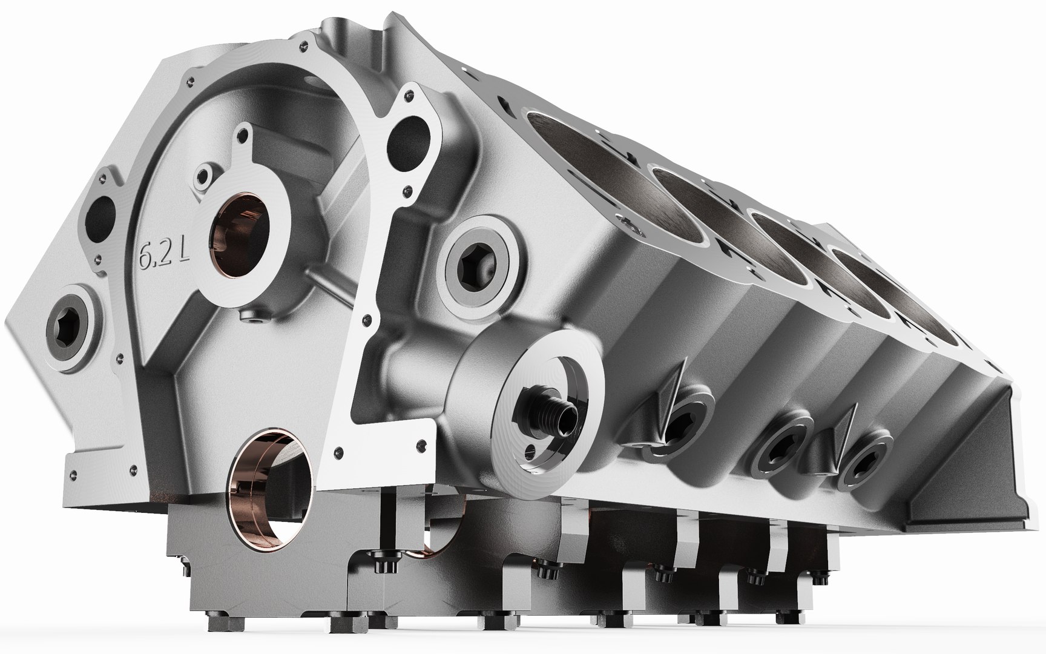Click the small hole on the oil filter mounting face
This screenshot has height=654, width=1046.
tap(531, 451)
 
